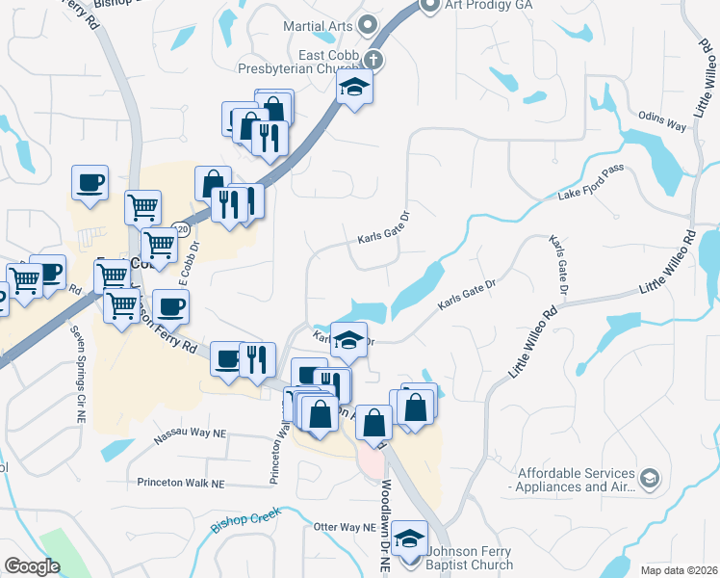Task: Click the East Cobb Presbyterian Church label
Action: (x=300, y=60)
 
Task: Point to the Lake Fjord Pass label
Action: (x=591, y=184)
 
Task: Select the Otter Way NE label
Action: (x=344, y=528)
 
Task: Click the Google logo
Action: (x=32, y=566)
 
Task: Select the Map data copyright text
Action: (x=678, y=570)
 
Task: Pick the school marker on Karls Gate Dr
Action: (x=348, y=339)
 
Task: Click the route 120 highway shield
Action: (x=180, y=230)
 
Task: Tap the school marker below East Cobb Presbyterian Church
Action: (x=354, y=89)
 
